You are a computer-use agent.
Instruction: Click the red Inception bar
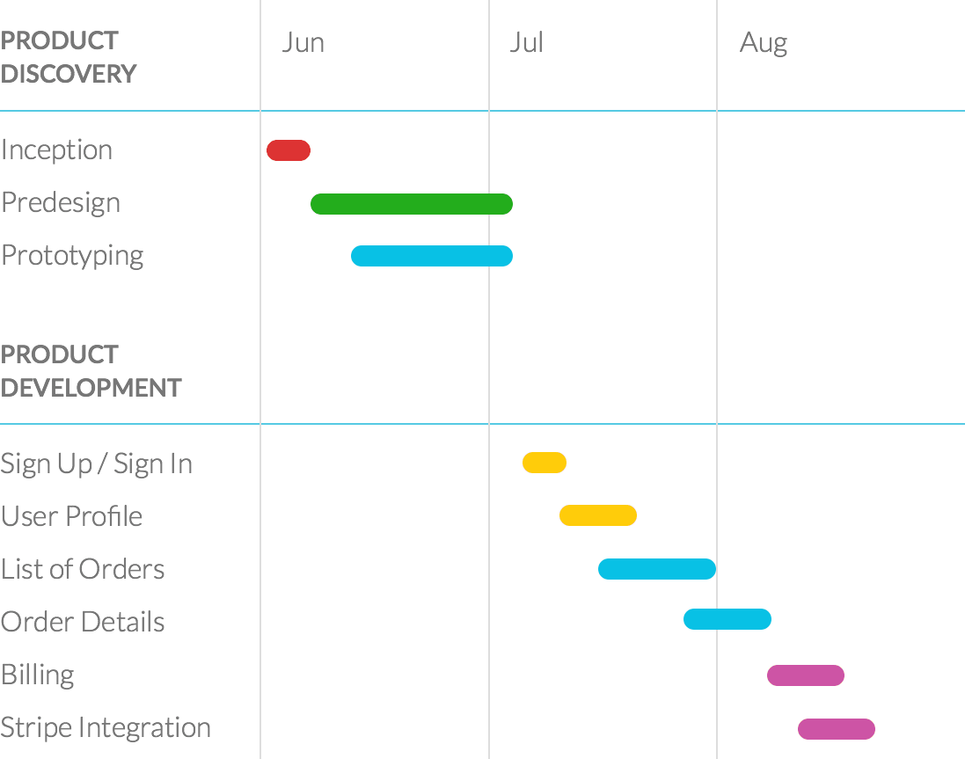(x=289, y=150)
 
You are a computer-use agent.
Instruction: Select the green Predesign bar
(x=412, y=204)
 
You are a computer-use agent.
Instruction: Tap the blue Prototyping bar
(x=432, y=256)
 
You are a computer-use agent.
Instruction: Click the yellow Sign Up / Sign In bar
(x=545, y=463)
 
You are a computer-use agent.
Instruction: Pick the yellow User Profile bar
(x=598, y=515)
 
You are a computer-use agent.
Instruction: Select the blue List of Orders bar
(x=657, y=569)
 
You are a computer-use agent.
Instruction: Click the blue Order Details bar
(x=727, y=619)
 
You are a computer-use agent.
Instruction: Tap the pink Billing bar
(x=806, y=675)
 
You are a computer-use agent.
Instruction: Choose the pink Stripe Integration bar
(x=837, y=729)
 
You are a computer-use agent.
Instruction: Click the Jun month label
(x=303, y=43)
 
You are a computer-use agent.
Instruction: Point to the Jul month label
(x=526, y=43)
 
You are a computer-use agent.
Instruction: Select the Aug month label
(x=764, y=43)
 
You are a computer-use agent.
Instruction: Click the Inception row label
(x=57, y=150)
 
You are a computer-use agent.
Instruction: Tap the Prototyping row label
(x=72, y=256)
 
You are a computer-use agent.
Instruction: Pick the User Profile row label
(x=71, y=516)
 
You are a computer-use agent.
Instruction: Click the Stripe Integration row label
(x=106, y=728)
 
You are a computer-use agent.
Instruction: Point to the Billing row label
(x=38, y=675)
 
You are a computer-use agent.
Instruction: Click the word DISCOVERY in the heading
(x=69, y=74)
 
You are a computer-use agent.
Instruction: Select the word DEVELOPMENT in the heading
(x=91, y=388)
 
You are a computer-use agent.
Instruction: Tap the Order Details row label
(x=83, y=623)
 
